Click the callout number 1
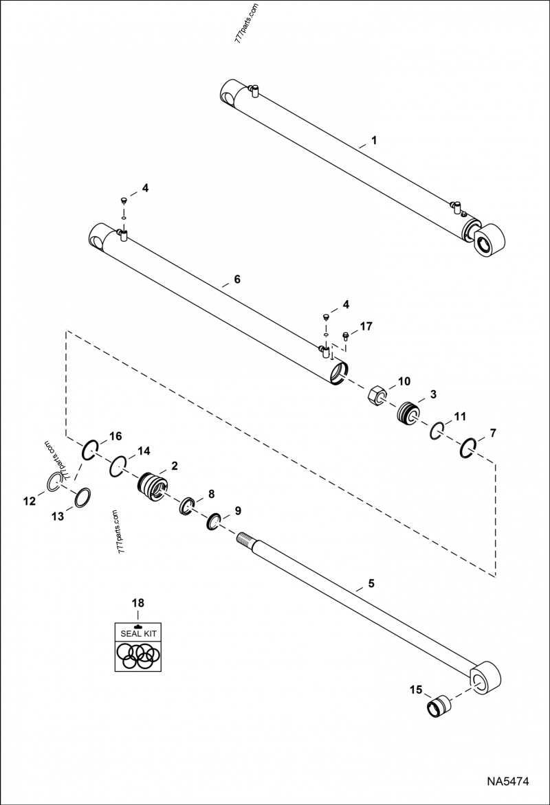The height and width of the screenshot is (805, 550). tap(374, 140)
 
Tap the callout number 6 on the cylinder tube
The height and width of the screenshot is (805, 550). tap(237, 280)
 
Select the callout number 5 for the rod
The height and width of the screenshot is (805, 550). tap(371, 584)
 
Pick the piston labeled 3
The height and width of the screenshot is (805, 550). tap(410, 413)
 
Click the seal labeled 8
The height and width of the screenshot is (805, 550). tap(186, 506)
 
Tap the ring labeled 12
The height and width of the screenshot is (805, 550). tap(56, 482)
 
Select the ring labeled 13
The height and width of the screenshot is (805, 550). tap(81, 497)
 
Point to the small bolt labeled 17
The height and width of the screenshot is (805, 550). tap(345, 336)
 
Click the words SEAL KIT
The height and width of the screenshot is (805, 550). tap(138, 633)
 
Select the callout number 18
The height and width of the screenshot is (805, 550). tap(138, 603)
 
